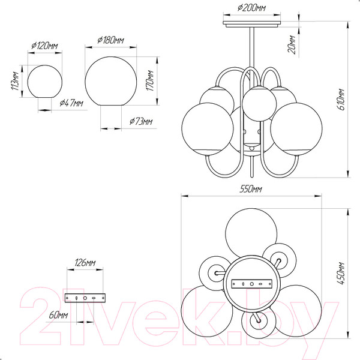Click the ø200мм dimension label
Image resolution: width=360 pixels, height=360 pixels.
point(251,8)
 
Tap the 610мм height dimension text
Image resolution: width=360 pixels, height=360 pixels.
point(341,100)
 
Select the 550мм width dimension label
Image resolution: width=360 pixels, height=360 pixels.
point(251,189)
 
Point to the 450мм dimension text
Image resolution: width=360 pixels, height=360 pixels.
point(341,273)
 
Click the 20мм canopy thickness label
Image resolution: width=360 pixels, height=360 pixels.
point(292,44)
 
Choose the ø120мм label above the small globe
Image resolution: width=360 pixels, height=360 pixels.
point(44,46)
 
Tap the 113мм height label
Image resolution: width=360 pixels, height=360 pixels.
point(16,81)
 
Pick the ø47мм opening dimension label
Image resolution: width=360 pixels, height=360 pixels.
point(71,103)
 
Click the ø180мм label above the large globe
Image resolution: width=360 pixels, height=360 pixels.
point(110,40)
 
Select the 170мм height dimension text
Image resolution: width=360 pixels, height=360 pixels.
point(150,80)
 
